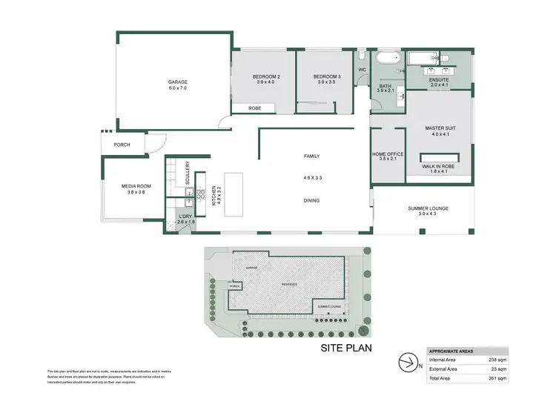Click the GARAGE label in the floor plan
176,82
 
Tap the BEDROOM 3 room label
326,77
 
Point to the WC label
363,70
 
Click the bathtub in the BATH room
385,58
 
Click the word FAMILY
312,156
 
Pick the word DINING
312,200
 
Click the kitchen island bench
234,195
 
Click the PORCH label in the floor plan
122,145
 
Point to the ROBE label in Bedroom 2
254,108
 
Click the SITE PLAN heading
345,346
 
